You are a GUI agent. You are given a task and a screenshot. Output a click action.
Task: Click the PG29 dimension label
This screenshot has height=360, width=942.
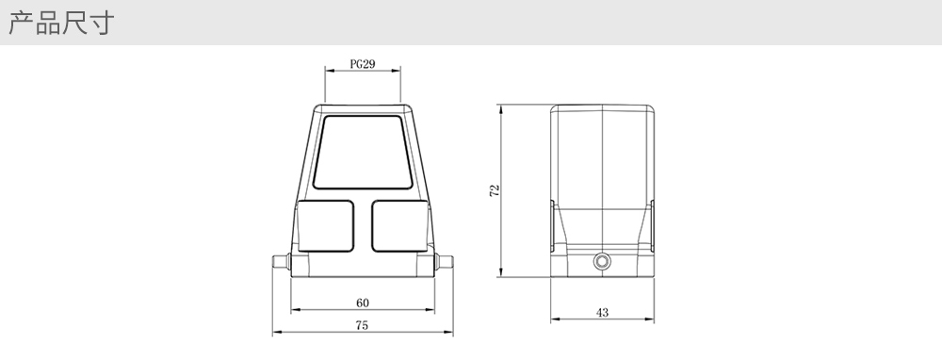[x=363, y=64]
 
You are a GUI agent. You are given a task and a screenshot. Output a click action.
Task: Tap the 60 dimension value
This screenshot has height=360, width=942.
[x=363, y=303]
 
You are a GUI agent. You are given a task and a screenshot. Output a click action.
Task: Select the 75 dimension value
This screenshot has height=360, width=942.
[x=361, y=325]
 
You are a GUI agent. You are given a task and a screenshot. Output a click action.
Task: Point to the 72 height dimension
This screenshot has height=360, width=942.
[x=495, y=190]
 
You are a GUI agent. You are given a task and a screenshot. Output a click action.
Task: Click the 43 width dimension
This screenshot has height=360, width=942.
[x=602, y=313]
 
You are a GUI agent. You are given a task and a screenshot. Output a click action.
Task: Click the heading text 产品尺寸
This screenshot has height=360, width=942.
[x=61, y=23]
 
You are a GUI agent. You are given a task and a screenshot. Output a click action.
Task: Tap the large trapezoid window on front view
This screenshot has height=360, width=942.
[x=363, y=152]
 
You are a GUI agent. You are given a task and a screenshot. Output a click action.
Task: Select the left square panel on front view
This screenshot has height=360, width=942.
[x=325, y=226]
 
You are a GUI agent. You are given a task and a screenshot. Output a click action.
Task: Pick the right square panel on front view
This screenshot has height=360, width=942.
[x=399, y=226]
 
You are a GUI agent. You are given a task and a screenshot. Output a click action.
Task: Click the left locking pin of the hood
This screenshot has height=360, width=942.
[x=281, y=261]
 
